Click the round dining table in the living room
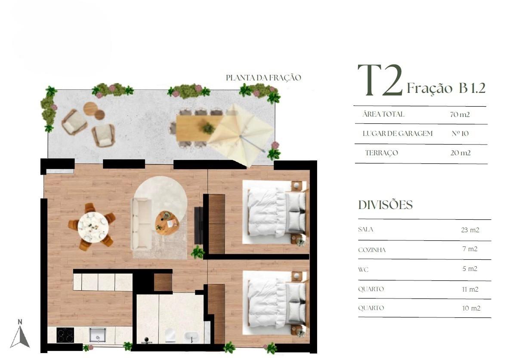pyautogui.click(x=93, y=228)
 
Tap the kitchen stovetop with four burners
pyautogui.click(x=65, y=335)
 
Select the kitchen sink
pyautogui.click(x=98, y=335)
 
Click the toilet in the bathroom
pyautogui.click(x=170, y=335)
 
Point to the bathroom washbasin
pyautogui.click(x=192, y=337)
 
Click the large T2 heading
pyautogui.click(x=380, y=80)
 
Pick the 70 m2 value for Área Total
pyautogui.click(x=460, y=114)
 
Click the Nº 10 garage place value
pyautogui.click(x=460, y=133)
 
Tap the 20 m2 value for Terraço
pyautogui.click(x=460, y=153)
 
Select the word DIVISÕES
pyautogui.click(x=385, y=205)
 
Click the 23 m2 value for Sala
pyautogui.click(x=470, y=230)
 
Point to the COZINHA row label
pyautogui.click(x=372, y=250)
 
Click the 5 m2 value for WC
pyautogui.click(x=469, y=269)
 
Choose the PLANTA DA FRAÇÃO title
pyautogui.click(x=263, y=78)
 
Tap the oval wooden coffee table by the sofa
pyautogui.click(x=167, y=223)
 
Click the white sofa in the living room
pyautogui.click(x=141, y=225)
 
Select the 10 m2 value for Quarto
pyautogui.click(x=471, y=308)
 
